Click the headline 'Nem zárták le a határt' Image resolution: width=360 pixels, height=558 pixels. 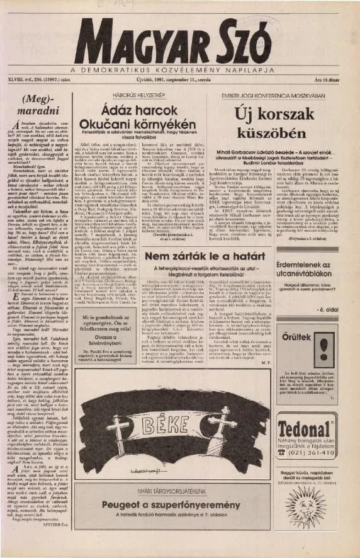pos(211,256)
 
